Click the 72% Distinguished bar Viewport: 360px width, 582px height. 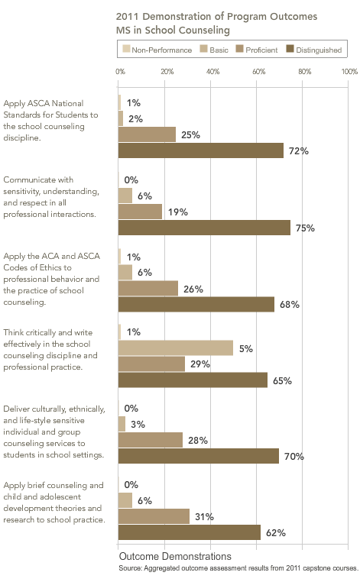[200, 150]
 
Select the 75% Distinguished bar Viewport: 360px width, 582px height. [204, 228]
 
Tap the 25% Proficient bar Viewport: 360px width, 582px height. [147, 134]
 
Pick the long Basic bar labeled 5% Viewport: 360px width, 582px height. [176, 348]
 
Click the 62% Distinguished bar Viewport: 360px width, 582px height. [190, 532]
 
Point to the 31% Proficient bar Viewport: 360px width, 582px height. [154, 516]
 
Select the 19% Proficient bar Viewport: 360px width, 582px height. [140, 212]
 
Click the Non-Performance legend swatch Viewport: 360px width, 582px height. [126, 49]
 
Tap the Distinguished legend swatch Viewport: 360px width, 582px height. [290, 49]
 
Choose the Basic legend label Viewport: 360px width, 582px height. [219, 50]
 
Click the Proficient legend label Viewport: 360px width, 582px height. [261, 50]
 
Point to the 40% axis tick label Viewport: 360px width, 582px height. [213, 71]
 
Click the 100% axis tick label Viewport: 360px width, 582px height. [349, 71]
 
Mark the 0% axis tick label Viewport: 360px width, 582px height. [120, 71]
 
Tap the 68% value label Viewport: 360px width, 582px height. [290, 304]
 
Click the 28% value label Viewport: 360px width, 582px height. [198, 440]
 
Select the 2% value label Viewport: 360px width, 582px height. [135, 119]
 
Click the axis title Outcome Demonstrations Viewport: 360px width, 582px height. [175, 556]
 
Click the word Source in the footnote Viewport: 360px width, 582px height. [130, 568]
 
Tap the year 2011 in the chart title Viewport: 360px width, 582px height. [127, 17]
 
